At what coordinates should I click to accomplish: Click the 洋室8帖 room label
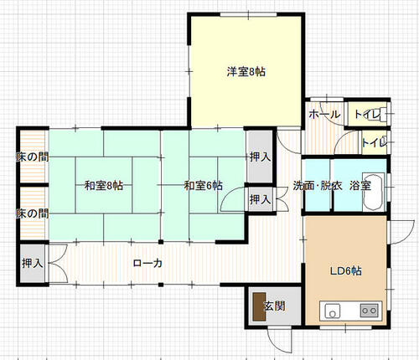click(246, 72)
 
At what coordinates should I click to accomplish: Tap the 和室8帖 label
click(104, 186)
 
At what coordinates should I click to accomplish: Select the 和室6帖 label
click(203, 186)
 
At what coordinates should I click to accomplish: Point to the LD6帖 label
click(346, 271)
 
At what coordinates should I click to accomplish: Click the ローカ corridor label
click(147, 263)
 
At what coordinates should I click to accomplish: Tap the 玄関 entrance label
click(275, 306)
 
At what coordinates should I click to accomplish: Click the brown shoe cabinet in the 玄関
click(259, 306)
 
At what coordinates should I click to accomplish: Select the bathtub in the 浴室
click(373, 192)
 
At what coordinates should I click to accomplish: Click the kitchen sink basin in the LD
click(333, 311)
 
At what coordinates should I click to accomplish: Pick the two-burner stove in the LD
click(370, 311)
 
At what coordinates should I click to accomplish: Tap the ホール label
click(324, 115)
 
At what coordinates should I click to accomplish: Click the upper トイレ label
click(368, 115)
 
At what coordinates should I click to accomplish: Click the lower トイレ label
click(375, 143)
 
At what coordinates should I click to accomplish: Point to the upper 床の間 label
click(33, 157)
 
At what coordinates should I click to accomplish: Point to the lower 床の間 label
click(33, 213)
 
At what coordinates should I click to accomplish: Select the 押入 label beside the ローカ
click(33, 263)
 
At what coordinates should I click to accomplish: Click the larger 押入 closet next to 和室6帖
click(260, 157)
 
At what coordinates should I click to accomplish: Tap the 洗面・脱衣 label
click(318, 186)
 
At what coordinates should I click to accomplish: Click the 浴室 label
click(360, 186)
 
